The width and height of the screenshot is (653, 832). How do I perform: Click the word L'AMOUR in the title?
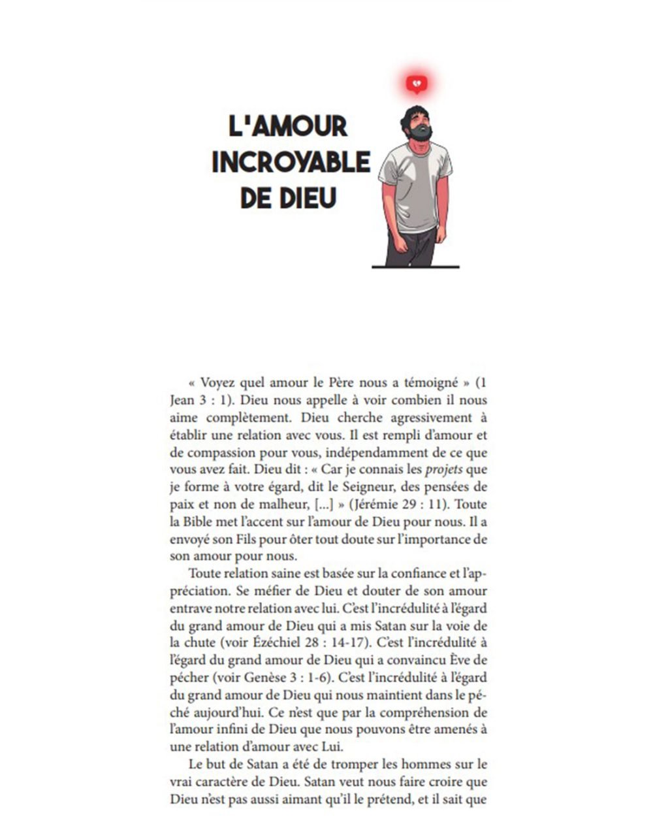click(x=288, y=126)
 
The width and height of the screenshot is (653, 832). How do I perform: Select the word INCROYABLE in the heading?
click(x=291, y=162)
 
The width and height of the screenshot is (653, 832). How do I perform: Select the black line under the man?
click(x=415, y=267)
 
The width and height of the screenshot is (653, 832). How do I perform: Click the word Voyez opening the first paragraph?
click(x=219, y=382)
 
